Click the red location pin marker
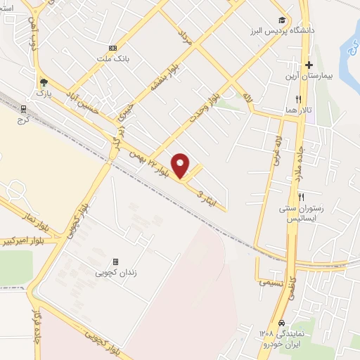point(181,165)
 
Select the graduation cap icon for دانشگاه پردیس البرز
point(282,20)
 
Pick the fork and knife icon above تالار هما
point(299,99)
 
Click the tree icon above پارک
point(44,81)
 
